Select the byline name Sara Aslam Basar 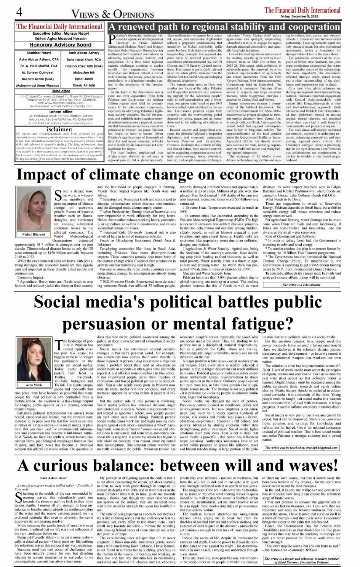[x=53, y=477]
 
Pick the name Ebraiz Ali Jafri [x=84, y=85]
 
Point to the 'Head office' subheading [x=61, y=91]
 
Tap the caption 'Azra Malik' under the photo [x=34, y=385]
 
